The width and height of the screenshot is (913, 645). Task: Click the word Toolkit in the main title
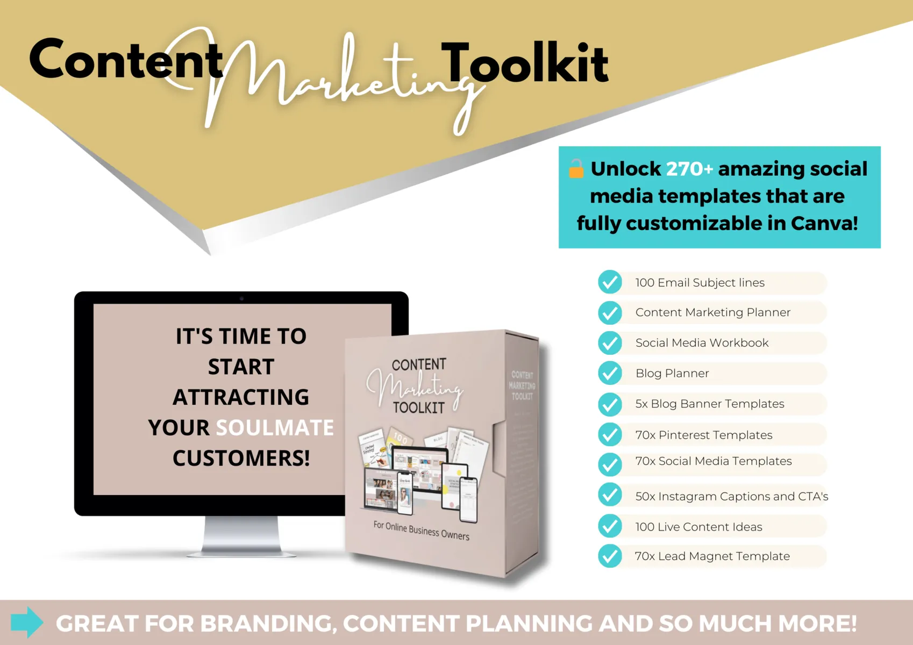[525, 63]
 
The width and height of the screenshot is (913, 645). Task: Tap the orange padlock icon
[576, 169]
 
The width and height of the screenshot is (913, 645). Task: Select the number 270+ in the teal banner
[689, 169]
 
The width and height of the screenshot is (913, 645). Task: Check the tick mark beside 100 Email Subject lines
[610, 282]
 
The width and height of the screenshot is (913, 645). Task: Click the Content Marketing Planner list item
[712, 312]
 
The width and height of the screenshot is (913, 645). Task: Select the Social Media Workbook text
[702, 343]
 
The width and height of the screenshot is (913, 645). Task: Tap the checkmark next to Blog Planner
[610, 373]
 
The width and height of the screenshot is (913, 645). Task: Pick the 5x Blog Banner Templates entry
[710, 404]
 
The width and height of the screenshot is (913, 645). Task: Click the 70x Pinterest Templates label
[703, 435]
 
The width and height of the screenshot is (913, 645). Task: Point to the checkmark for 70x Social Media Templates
[610, 464]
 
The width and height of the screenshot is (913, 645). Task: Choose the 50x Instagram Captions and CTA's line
[731, 496]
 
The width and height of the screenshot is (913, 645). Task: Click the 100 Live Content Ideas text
[698, 527]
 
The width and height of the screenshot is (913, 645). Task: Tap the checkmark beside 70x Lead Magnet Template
[610, 556]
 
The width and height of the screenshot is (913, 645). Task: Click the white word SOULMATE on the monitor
[275, 428]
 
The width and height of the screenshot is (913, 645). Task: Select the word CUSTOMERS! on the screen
[241, 458]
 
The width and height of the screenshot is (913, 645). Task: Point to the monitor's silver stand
[241, 535]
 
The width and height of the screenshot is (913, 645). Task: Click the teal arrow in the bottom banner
[27, 622]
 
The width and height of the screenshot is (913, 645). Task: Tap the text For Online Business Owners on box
[421, 531]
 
